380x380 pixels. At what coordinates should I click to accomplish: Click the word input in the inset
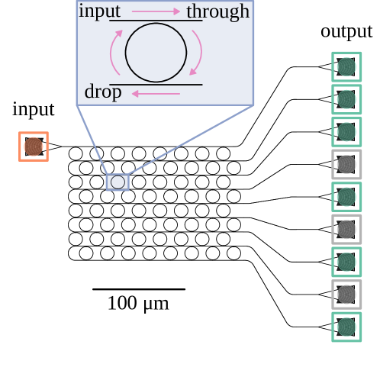[x=99, y=11]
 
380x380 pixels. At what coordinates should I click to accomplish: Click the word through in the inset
[x=217, y=11]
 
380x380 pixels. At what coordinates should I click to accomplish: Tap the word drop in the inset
[x=103, y=92]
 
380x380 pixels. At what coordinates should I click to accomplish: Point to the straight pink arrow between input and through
[x=156, y=11]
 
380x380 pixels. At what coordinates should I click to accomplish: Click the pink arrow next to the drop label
[x=156, y=93]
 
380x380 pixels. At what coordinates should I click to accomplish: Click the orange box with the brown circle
[x=34, y=147]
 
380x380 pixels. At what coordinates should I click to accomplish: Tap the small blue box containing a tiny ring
[x=118, y=182]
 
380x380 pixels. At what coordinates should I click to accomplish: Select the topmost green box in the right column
[x=346, y=67]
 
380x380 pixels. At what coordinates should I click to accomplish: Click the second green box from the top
[x=346, y=99]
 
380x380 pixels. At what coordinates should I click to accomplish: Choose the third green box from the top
[x=346, y=132]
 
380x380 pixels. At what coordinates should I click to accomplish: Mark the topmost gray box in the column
[x=346, y=164]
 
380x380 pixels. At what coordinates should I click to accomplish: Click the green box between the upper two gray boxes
[x=346, y=197]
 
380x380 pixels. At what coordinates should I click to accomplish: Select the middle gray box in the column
[x=346, y=229]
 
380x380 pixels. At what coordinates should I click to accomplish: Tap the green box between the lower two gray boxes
[x=346, y=262]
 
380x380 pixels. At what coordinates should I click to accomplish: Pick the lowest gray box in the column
[x=346, y=294]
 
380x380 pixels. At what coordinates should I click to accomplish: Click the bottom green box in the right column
[x=346, y=327]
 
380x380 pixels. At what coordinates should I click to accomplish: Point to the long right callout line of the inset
[x=191, y=140]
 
